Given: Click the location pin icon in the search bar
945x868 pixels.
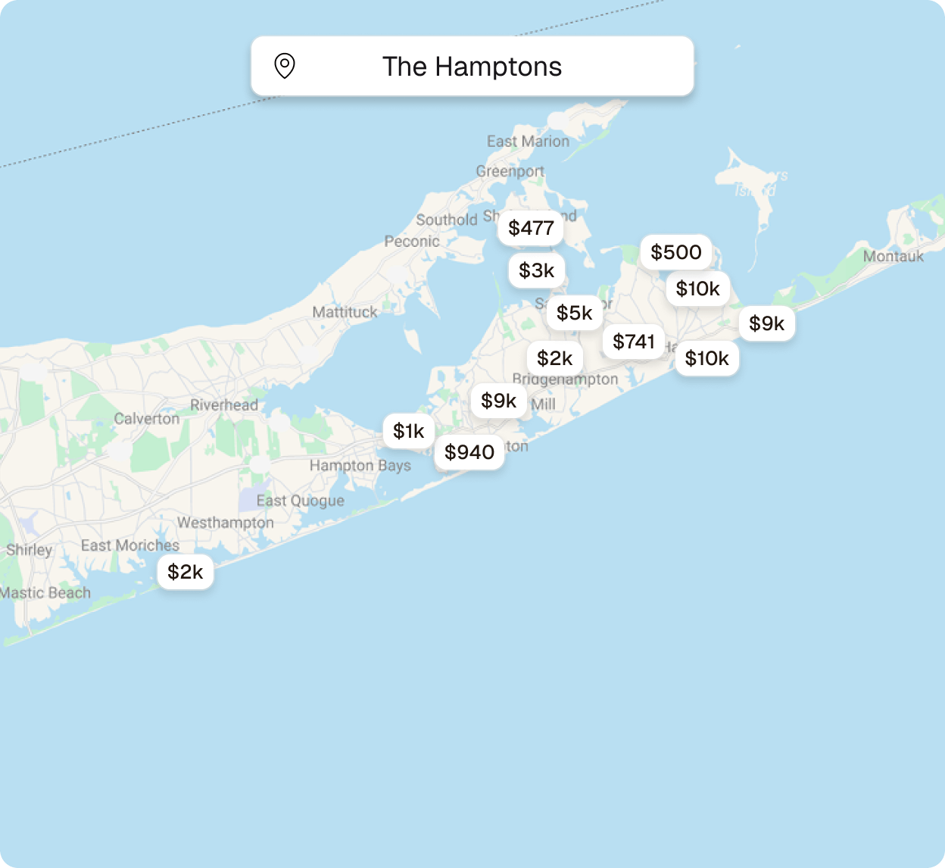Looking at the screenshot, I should point(284,66).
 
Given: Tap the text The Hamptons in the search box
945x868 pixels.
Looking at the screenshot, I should point(472,67).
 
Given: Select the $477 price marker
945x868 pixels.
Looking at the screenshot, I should point(531,228).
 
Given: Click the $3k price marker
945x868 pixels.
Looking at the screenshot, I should point(536,270).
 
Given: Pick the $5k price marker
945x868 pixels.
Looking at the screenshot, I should point(574,313).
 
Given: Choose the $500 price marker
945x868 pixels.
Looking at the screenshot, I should point(675,252).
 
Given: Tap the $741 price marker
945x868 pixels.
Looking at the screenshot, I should point(633,342).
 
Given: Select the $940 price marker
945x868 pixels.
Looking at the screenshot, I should point(469,452).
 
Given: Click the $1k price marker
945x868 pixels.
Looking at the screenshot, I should point(408,431).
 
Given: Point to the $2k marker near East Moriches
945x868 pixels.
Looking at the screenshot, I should point(185,572).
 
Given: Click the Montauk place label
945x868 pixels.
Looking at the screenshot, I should point(893,257).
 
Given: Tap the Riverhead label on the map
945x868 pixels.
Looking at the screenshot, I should point(223,405).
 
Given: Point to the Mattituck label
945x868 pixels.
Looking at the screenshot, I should point(345,312).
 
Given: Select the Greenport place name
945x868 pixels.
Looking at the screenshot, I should point(510,171).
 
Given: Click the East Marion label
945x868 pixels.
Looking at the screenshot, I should point(528,142).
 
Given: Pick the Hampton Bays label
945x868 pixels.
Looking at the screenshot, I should point(360,465).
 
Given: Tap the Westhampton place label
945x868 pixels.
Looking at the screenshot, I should point(225,523).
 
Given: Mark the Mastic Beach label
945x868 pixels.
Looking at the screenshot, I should point(45,593).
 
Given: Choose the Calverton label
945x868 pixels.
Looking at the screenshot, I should point(147,419).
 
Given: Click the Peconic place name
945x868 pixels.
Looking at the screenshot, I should point(411,242).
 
